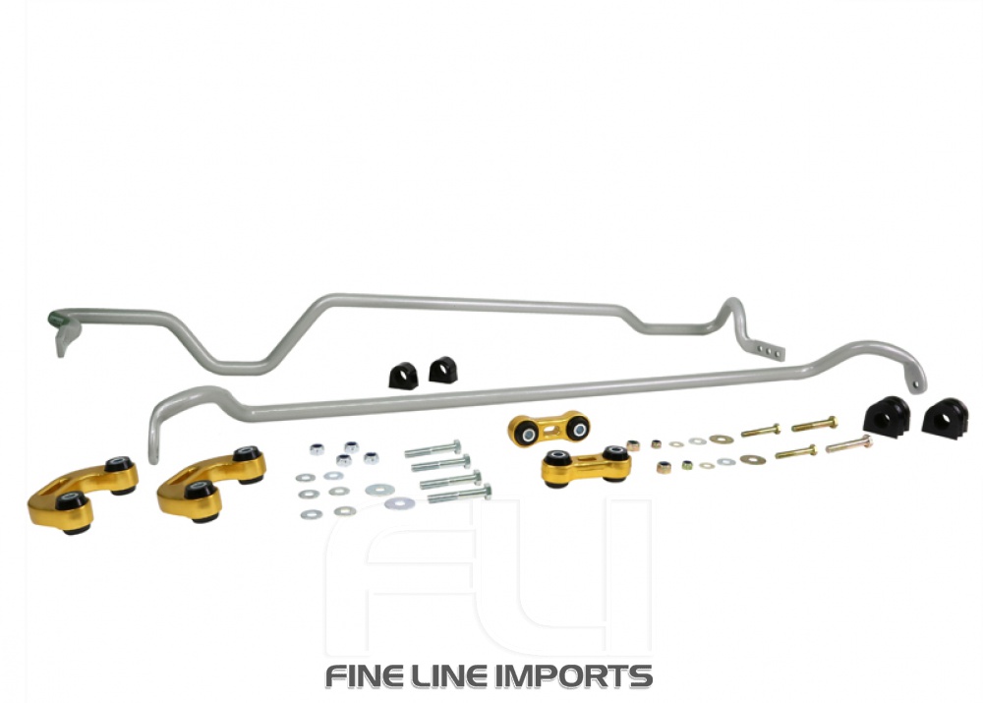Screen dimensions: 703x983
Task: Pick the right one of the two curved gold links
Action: pyautogui.click(x=209, y=481)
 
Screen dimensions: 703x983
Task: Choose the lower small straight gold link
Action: pyautogui.click(x=584, y=465)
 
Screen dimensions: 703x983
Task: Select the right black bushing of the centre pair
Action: pyautogui.click(x=443, y=370)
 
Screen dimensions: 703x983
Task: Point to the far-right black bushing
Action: pyautogui.click(x=945, y=417)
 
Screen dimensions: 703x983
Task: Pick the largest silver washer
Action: pyautogui.click(x=399, y=503)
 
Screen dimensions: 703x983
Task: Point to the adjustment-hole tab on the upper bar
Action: pyautogui.click(x=772, y=348)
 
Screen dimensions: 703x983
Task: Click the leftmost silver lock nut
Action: pyautogui.click(x=318, y=450)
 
